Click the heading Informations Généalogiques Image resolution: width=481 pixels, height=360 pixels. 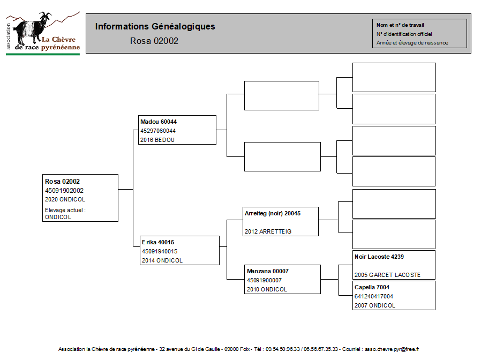coord(155,27)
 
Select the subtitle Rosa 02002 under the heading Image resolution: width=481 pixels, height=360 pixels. coord(154,41)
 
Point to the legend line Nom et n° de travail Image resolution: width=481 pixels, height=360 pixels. coord(400,25)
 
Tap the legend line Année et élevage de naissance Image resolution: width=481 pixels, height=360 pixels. coord(412,43)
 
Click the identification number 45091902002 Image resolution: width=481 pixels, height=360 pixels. coord(64,191)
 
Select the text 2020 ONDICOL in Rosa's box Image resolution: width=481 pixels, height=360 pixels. coord(65,199)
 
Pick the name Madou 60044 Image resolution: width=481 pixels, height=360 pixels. coord(159,122)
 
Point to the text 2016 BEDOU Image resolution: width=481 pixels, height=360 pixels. coord(157,140)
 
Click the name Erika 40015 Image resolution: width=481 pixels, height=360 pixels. coord(158,242)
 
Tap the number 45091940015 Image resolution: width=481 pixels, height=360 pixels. coord(160,251)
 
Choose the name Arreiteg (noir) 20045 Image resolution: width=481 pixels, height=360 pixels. coord(273,214)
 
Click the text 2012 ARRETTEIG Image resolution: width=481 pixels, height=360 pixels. coord(268,231)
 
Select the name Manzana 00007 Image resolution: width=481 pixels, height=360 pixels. coord(267,271)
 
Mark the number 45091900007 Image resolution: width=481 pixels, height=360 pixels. coord(264,280)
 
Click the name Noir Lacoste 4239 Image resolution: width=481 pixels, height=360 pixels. coord(379,257)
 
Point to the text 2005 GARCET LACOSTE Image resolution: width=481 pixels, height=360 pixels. coord(387,275)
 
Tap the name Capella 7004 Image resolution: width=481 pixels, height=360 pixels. coord(372,287)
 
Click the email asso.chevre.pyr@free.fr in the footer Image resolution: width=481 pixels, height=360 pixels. coord(392,349)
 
